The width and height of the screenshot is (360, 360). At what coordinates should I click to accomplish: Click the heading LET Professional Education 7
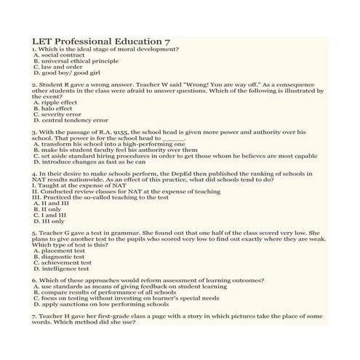point(101,41)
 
